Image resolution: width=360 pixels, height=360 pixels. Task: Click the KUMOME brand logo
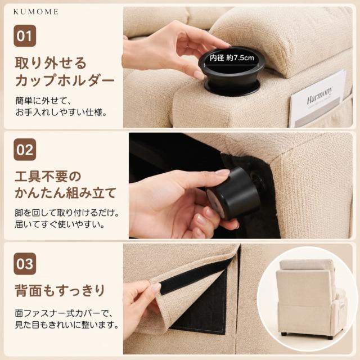click(x=36, y=12)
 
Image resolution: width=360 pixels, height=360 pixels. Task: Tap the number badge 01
click(x=25, y=36)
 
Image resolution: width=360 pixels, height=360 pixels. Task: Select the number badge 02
click(x=25, y=150)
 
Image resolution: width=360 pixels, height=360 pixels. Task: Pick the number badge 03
click(x=25, y=264)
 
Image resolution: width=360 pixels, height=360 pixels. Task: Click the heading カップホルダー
click(x=65, y=80)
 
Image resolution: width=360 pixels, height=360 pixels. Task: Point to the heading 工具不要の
click(x=48, y=176)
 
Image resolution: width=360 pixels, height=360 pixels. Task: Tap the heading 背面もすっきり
click(x=60, y=290)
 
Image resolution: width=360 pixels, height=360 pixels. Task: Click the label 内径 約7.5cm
click(x=232, y=58)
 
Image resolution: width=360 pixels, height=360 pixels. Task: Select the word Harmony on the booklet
click(x=319, y=96)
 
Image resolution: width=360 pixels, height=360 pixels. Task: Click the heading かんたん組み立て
click(x=66, y=193)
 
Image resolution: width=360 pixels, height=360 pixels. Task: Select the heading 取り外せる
click(x=51, y=63)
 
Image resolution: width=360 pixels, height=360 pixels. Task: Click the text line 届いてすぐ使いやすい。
click(x=60, y=224)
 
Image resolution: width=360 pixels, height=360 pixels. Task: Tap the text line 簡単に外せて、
click(x=43, y=101)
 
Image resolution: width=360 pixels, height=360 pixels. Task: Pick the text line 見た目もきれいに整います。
click(x=67, y=325)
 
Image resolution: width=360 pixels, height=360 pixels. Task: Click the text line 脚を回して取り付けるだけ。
click(x=67, y=213)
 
